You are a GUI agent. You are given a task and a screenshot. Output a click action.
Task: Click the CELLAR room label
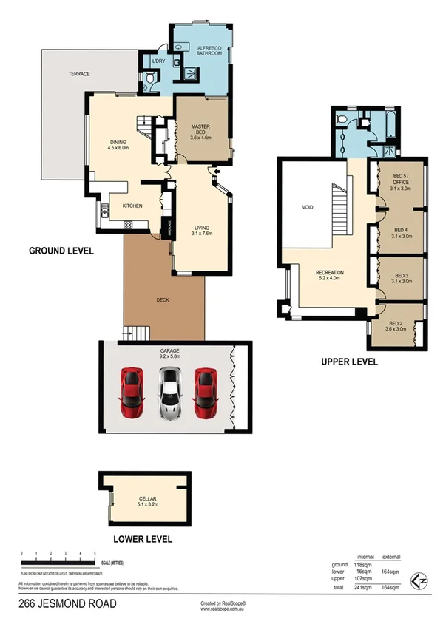[x=146, y=500]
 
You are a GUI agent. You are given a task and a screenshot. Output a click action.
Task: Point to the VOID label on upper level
[x=309, y=208]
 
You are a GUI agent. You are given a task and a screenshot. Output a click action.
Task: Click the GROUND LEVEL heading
[x=61, y=251]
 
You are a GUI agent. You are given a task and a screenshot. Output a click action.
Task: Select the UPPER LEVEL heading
[x=349, y=362]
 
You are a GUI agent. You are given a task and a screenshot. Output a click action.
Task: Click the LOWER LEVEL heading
[x=142, y=539]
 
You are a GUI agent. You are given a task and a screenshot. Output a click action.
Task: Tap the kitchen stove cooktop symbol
[x=127, y=225]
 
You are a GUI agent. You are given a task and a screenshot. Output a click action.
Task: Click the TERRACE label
[x=79, y=75]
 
